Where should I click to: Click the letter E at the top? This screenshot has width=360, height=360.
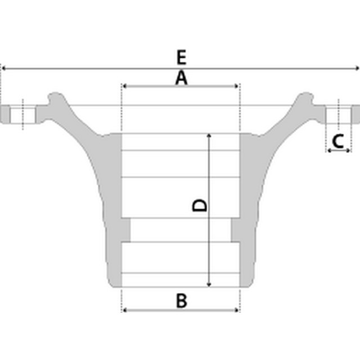tap(181, 57)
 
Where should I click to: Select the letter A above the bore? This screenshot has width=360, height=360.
tap(181, 78)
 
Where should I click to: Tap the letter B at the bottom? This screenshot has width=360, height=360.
tap(181, 300)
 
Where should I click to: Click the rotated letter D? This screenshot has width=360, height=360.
tap(200, 205)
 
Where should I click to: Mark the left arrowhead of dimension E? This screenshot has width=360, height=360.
tap(3, 68)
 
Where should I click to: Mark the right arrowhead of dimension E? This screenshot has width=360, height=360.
tap(357, 68)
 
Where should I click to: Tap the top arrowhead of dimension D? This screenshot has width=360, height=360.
tap(209, 136)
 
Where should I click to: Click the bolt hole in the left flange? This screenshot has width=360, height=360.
tap(22, 114)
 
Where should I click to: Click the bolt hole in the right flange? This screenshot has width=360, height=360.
tap(339, 114)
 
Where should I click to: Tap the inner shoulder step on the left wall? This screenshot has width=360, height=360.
tap(126, 229)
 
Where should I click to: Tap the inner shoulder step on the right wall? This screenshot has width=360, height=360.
tap(236, 229)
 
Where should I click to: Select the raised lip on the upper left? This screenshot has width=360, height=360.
tap(55, 98)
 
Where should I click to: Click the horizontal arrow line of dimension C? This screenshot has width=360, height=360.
tap(339, 151)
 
